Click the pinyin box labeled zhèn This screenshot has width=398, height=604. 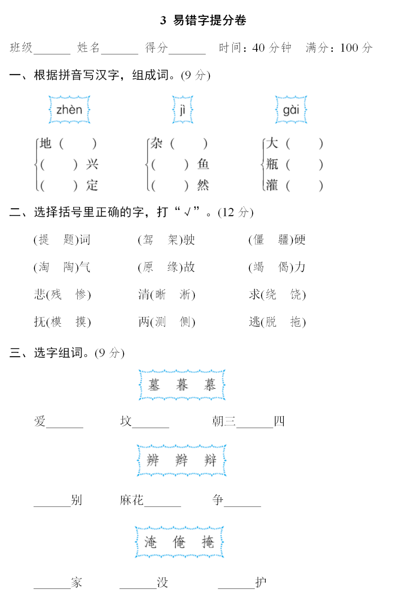[69, 110]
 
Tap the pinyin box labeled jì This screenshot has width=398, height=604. [182, 110]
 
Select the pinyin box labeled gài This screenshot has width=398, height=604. [291, 110]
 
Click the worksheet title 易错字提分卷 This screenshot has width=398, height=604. [209, 20]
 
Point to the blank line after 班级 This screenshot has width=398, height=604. [52, 50]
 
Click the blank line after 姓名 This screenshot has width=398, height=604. [119, 50]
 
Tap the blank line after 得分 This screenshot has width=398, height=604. [187, 50]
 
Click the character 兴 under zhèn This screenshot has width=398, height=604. [92, 164]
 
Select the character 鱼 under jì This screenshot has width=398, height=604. [203, 164]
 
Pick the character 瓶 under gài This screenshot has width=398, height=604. [272, 164]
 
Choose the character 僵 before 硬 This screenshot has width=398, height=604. [259, 240]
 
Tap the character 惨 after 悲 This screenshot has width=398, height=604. [81, 294]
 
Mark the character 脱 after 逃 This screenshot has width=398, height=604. [271, 322]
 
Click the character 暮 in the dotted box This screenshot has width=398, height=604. [182, 385]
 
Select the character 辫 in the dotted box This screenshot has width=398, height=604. [182, 460]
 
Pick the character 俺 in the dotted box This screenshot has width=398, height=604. [179, 542]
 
